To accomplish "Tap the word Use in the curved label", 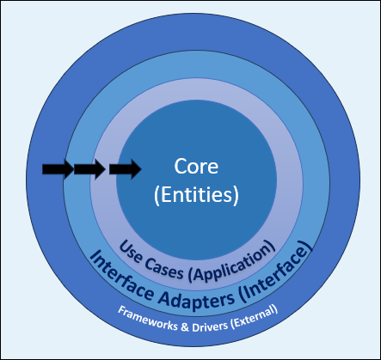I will [129, 248].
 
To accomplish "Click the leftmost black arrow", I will [57, 170].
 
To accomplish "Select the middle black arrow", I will [89, 170].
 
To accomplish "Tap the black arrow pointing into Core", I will [125, 170].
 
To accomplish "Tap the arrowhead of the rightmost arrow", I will [135, 170].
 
